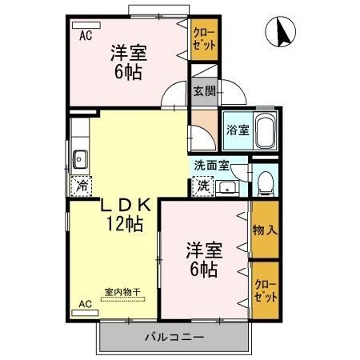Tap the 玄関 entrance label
pos(203,90)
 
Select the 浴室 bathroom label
pos(237,130)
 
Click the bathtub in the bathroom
pos(266,130)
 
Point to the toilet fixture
pos(266,184)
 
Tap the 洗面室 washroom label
pos(212,166)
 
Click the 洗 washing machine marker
pos(202,186)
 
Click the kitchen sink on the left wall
pos(80,158)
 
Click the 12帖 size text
pos(123,224)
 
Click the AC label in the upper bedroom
pos(85,35)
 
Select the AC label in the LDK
pos(85,305)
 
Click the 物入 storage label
pos(266,230)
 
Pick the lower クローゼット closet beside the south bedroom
pos(266,290)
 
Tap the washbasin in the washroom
pos(226,188)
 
